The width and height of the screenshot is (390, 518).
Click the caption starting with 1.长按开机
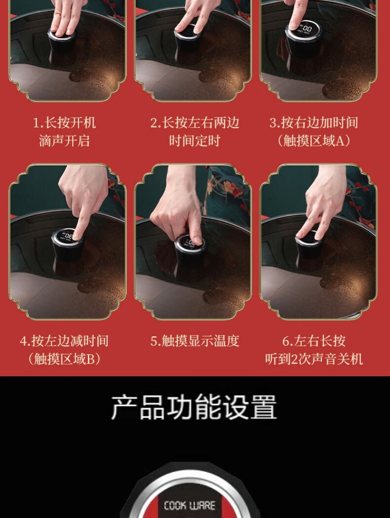tap(64, 122)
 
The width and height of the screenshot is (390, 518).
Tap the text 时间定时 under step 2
tap(195, 141)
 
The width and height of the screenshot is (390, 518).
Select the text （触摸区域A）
tap(313, 141)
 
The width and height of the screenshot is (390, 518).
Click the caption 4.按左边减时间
tap(64, 341)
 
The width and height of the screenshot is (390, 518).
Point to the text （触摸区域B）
tap(64, 359)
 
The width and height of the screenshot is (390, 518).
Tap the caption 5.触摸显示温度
tap(195, 341)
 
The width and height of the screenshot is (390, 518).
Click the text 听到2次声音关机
tap(313, 359)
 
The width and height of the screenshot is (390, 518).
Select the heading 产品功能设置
tap(194, 407)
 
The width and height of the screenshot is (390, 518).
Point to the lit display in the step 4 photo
tap(68, 236)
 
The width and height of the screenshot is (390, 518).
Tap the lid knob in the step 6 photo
tap(309, 244)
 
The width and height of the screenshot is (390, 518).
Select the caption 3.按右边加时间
tap(313, 122)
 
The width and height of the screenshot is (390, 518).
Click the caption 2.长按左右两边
tap(195, 122)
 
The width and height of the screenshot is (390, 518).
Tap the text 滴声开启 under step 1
tap(64, 141)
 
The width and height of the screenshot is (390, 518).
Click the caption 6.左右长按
tap(313, 341)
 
